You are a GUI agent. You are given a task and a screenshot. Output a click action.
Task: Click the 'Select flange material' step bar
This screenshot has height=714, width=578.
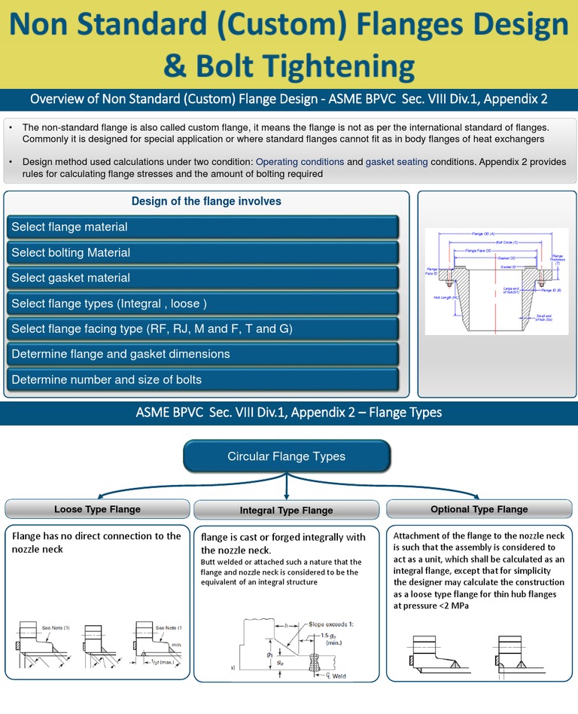(202, 227)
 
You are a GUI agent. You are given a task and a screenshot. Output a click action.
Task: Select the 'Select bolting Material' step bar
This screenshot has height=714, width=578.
(202, 253)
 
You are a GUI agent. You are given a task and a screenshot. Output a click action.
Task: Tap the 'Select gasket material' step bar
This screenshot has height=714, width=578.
(202, 278)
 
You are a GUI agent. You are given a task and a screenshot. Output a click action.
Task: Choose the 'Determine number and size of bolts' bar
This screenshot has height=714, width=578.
(202, 380)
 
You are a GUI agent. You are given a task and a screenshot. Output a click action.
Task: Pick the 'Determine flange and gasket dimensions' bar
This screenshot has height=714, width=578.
(202, 354)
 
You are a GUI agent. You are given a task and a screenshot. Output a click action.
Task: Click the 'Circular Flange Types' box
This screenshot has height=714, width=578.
(286, 456)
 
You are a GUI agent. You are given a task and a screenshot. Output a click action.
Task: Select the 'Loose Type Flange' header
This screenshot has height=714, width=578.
(97, 510)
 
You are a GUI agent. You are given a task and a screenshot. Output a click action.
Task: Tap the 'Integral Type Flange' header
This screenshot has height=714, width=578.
(286, 511)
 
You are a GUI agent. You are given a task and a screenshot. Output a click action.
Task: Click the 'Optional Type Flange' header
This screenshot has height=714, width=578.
(479, 510)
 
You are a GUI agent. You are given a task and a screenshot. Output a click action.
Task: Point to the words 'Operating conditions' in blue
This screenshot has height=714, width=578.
(300, 162)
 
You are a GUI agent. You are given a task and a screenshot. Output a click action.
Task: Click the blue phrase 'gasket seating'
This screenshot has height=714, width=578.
(397, 162)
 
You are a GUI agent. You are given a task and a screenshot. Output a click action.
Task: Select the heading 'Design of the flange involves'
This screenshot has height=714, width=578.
(206, 201)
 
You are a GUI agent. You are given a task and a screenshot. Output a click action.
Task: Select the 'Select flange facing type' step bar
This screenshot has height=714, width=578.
(202, 329)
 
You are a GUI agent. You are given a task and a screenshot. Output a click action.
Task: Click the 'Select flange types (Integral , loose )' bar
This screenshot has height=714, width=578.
(202, 304)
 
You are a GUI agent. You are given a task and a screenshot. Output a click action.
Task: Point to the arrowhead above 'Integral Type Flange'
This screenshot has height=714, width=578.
(286, 495)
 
